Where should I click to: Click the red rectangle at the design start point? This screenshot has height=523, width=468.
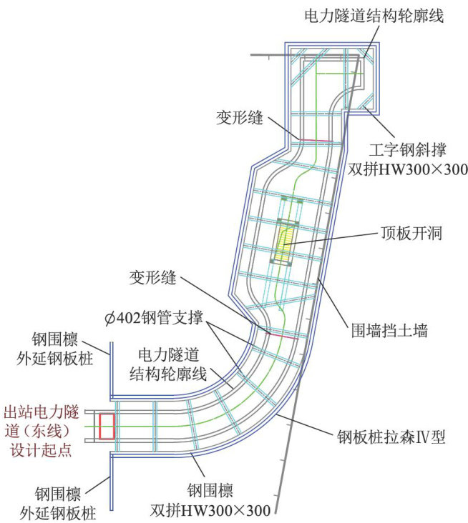(x=107, y=426)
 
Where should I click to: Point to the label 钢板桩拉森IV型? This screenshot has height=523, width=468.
(x=390, y=436)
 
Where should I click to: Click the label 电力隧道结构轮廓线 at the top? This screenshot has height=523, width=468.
(x=374, y=16)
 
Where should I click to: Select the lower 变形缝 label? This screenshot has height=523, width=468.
(x=152, y=278)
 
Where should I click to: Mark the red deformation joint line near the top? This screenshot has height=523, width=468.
(x=315, y=140)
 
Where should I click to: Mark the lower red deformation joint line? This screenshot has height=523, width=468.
(x=281, y=334)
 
